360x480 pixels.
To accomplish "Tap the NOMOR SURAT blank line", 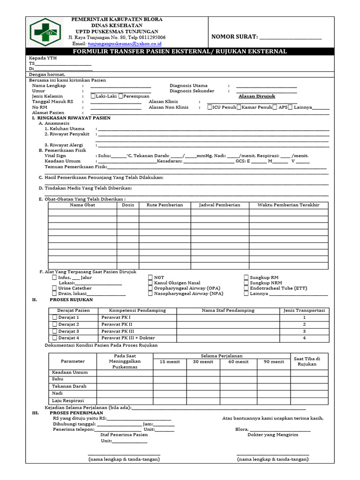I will click(x=291, y=37).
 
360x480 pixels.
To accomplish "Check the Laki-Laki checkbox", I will click(x=93, y=96).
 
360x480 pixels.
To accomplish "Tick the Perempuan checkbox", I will click(x=121, y=96).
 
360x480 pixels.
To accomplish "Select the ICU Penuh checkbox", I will click(x=210, y=107).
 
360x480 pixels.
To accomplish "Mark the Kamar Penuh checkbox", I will click(x=239, y=107).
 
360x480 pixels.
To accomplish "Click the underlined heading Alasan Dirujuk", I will click(x=256, y=96).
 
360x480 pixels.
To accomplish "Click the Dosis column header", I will click(x=128, y=205).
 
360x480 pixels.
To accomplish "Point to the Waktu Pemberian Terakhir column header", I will click(x=288, y=205).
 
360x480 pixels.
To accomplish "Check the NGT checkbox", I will click(x=150, y=277).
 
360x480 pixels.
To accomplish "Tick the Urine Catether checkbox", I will click(x=55, y=288).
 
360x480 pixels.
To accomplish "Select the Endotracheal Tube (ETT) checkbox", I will click(x=246, y=288).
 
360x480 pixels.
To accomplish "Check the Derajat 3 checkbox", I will click(x=54, y=331).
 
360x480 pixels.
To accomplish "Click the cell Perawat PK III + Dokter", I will click(x=128, y=338).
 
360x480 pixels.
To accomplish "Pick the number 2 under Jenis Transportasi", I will click(x=304, y=324).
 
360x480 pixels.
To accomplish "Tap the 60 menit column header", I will click(x=239, y=362).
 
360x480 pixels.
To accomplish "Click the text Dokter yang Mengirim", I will click(x=273, y=435).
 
